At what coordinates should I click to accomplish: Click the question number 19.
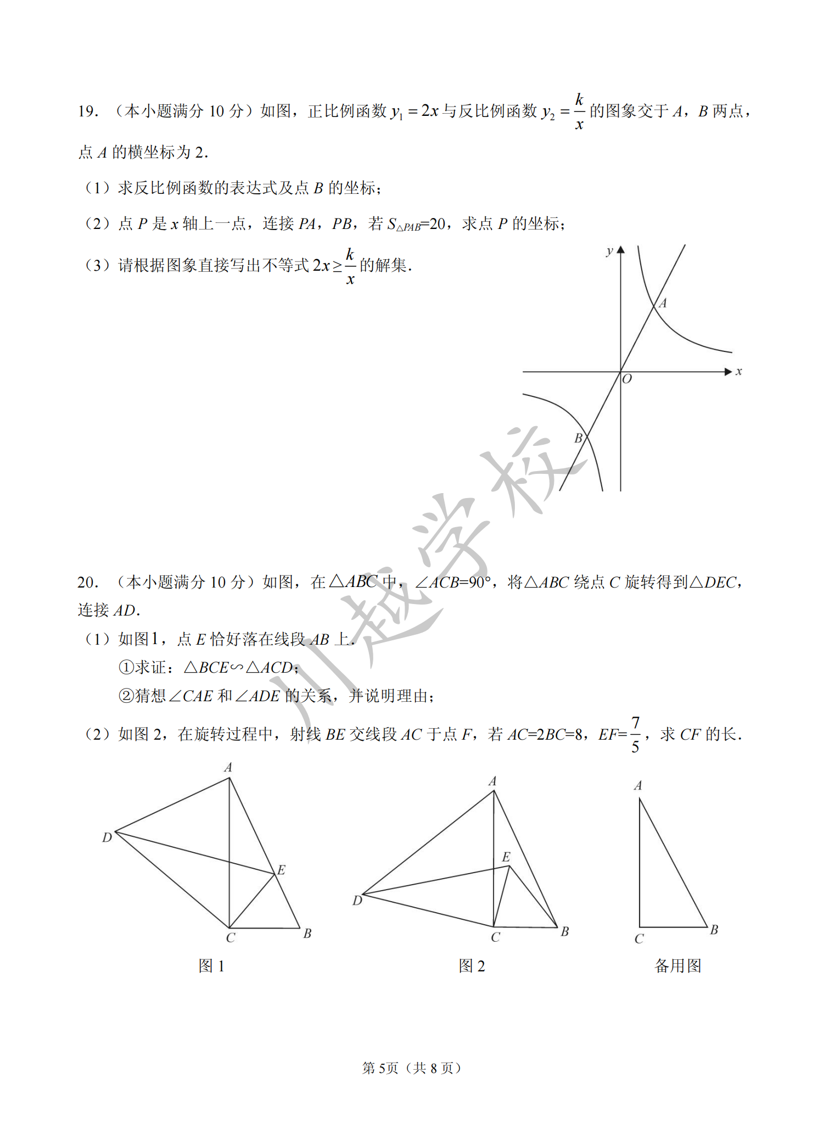[x=87, y=111]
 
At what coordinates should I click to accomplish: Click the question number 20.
[x=87, y=582]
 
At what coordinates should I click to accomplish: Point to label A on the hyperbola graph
[x=663, y=303]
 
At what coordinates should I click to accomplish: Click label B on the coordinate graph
[x=578, y=438]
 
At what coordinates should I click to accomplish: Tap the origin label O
[x=627, y=379]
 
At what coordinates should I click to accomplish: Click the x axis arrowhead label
[x=739, y=372]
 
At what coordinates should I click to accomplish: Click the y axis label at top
[x=609, y=251]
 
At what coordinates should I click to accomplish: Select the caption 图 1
[x=211, y=966]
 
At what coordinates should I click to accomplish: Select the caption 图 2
[x=472, y=966]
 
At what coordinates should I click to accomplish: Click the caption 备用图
[x=678, y=966]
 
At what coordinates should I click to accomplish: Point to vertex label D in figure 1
[x=107, y=837]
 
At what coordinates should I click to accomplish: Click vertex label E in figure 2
[x=506, y=857]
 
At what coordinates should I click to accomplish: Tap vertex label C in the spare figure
[x=639, y=939]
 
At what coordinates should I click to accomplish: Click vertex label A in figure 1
[x=228, y=767]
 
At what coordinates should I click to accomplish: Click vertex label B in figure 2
[x=565, y=931]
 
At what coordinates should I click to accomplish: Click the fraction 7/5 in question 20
[x=635, y=734]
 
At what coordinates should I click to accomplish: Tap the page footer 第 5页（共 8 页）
[x=411, y=1068]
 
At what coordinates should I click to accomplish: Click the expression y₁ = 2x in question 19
[x=414, y=111]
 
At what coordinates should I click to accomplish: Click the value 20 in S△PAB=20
[x=438, y=224]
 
